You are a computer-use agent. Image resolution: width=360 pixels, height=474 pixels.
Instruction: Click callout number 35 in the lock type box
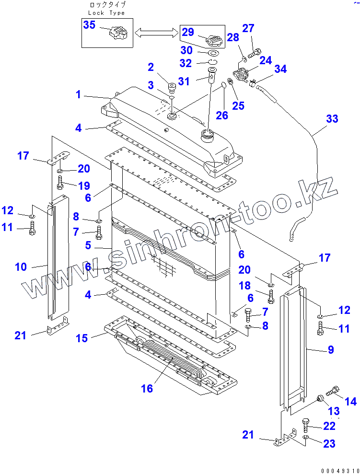pos(90,25)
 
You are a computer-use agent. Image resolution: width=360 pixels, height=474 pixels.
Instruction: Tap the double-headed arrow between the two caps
pos(155,33)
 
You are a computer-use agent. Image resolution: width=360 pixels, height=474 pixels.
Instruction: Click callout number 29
pos(188,32)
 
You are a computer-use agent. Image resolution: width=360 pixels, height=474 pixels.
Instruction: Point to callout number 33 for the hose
pos(332,119)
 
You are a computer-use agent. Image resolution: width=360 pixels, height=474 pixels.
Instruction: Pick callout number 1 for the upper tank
pos(78,94)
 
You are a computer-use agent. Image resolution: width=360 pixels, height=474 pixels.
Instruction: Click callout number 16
pos(147,388)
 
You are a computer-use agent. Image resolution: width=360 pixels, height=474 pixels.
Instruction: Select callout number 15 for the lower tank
pos(82,338)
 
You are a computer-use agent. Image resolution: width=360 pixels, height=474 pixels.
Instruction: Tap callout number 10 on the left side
pos(21,267)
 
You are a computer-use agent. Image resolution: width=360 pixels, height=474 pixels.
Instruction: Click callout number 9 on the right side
pos(331,350)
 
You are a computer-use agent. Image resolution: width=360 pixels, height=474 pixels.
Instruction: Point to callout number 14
pos(351,401)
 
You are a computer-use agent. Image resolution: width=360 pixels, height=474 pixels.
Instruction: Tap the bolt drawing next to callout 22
pos(305,425)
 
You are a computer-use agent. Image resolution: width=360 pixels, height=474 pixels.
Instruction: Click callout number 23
pos(329,444)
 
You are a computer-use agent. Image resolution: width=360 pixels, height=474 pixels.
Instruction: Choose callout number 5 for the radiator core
pos(88,245)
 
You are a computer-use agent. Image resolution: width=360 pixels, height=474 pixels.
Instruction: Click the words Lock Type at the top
pos(107,13)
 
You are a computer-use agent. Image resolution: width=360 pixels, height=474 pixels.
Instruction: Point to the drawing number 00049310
pos(340,470)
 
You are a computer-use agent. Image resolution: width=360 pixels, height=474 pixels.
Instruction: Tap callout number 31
pos(184,81)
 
